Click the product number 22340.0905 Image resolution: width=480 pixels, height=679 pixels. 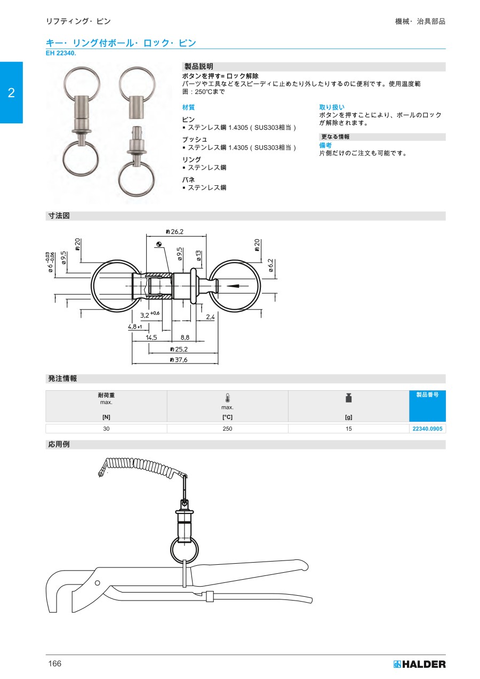click(x=427, y=429)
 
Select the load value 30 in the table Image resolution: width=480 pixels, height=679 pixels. click(x=106, y=429)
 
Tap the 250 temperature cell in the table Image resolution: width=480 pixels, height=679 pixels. click(x=227, y=429)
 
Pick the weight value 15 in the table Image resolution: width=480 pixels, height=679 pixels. click(x=349, y=429)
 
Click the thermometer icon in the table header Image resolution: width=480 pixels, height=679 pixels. click(x=228, y=398)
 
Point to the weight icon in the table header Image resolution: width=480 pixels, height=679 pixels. click(x=349, y=398)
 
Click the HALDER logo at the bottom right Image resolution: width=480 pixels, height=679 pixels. click(x=419, y=664)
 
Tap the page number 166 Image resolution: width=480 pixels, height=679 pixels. click(x=55, y=664)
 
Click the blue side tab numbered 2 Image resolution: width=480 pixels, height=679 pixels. click(x=11, y=92)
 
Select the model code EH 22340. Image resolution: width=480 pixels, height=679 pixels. click(x=61, y=53)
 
